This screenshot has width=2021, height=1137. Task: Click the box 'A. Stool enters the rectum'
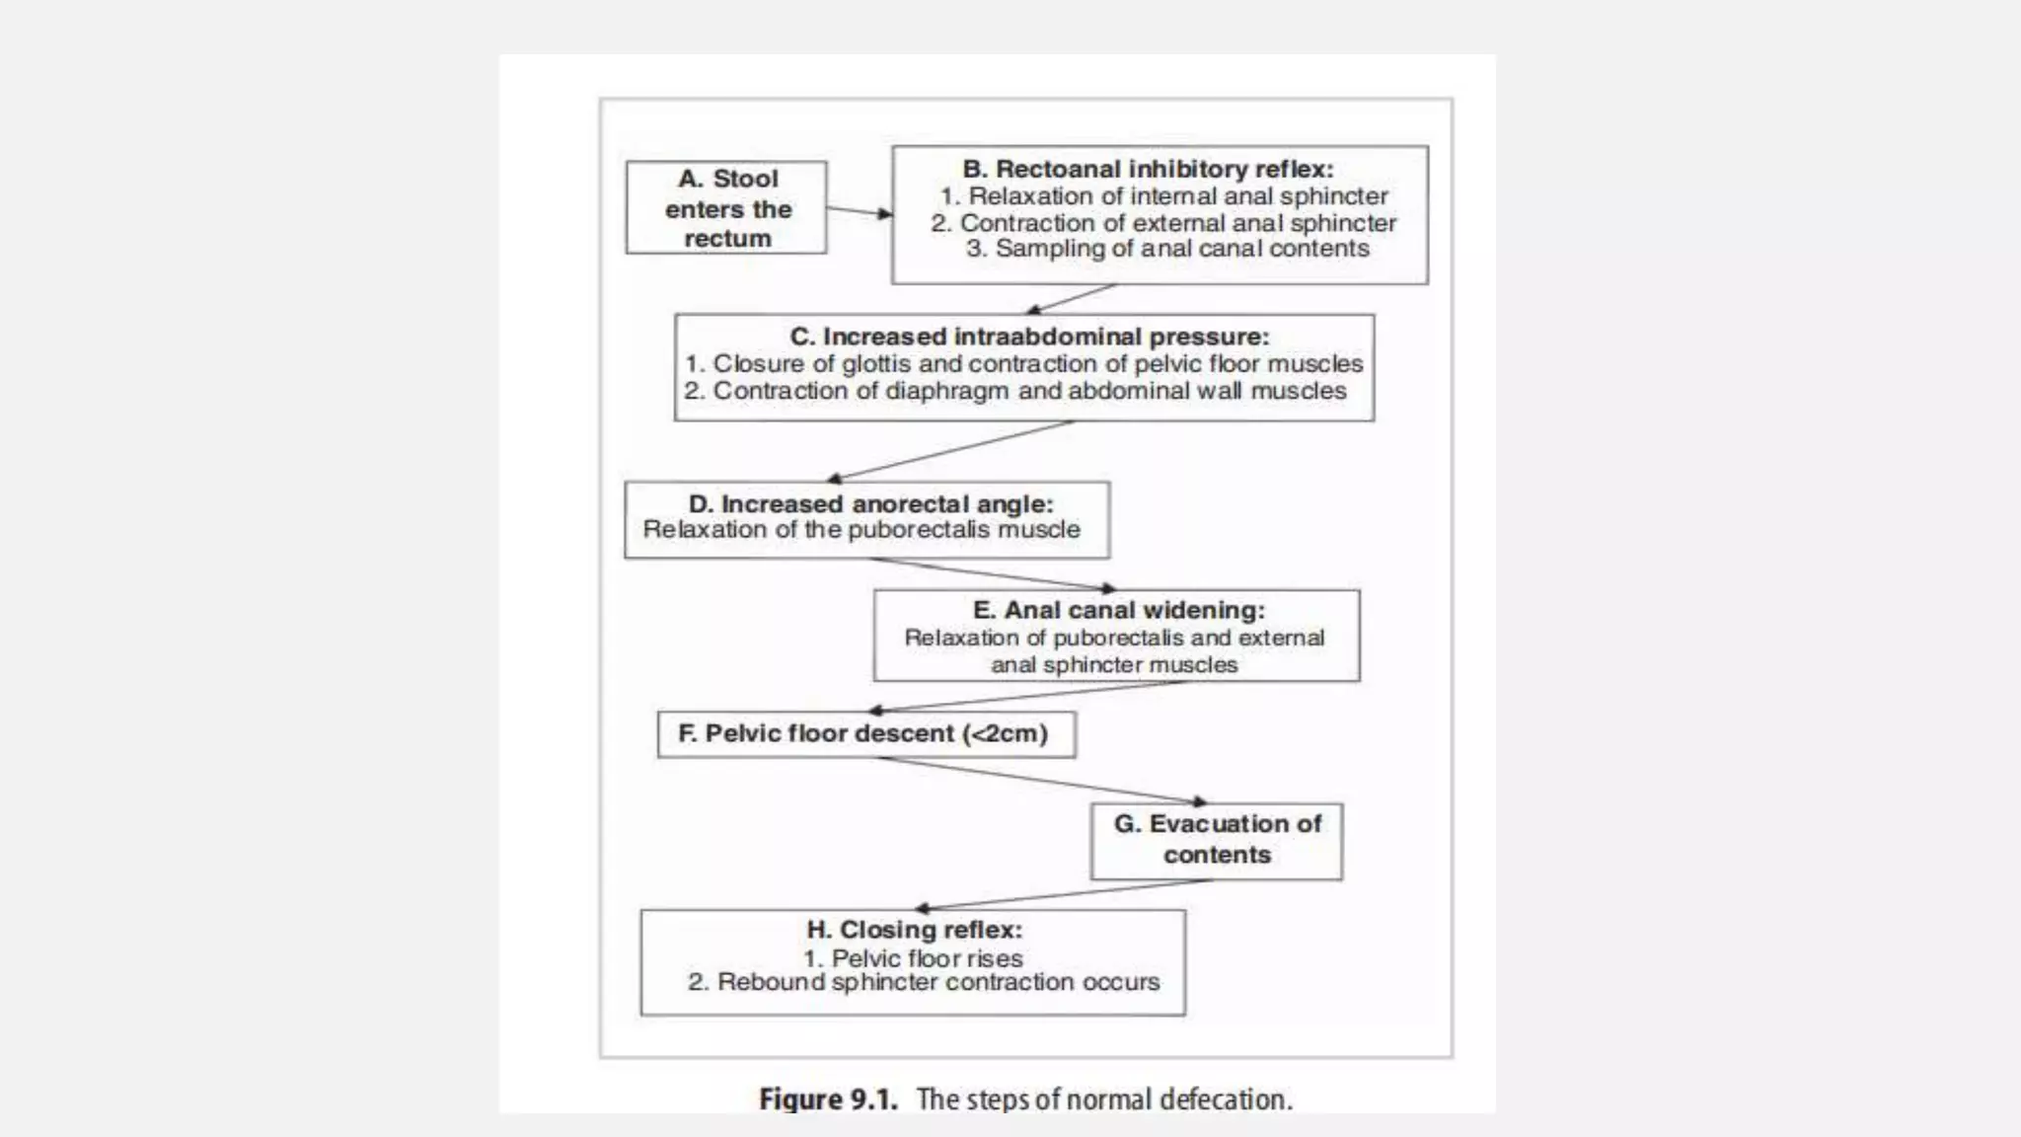726,208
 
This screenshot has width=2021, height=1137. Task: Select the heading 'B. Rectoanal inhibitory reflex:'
1148,169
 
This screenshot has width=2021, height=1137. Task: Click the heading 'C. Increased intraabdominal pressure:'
1029,337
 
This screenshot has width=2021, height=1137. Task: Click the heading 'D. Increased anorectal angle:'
870,503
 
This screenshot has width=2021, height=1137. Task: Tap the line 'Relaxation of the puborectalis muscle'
861,530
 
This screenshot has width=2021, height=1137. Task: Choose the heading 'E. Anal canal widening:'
1118,610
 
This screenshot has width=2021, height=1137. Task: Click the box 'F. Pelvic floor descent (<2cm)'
865,734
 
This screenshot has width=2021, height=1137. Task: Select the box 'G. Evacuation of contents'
1216,840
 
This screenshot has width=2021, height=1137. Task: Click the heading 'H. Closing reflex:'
914,930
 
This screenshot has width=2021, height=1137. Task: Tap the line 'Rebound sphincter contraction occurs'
937,983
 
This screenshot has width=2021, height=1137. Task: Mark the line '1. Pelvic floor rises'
913,958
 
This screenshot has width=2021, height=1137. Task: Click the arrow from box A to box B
859,211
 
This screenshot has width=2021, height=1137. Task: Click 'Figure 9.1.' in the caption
828,1099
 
